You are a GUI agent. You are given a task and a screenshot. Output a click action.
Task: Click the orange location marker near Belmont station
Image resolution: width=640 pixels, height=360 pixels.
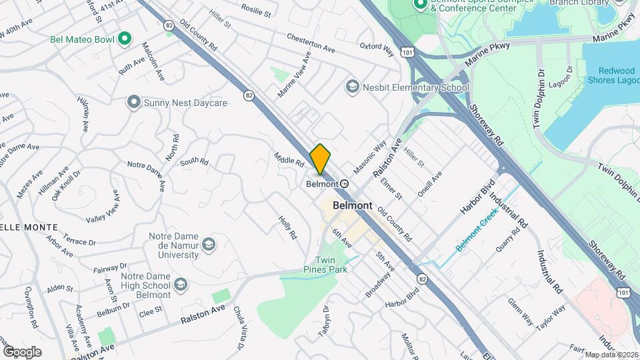320,159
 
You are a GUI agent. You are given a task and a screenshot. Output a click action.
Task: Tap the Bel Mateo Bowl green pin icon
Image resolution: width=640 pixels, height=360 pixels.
123,39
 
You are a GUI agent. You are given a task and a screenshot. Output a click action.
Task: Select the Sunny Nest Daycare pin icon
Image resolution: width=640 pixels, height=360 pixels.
134,103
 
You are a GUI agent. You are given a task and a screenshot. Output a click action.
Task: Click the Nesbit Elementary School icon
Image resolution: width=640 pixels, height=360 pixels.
351,87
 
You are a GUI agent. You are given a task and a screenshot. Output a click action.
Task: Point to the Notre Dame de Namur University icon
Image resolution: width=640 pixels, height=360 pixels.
209,245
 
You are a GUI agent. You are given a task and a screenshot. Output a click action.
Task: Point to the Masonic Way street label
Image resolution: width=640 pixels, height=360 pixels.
370,157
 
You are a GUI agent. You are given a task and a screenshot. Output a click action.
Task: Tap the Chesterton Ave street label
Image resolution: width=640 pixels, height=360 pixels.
311,43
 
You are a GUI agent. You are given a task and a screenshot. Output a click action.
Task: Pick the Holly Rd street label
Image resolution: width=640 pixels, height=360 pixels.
288,227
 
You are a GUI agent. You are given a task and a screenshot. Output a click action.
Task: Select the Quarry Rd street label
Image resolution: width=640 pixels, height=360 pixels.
507,241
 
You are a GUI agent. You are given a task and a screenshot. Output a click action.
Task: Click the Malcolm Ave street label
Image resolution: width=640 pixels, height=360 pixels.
153,61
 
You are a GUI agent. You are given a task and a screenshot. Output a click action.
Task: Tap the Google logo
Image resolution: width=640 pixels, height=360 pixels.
22,351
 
